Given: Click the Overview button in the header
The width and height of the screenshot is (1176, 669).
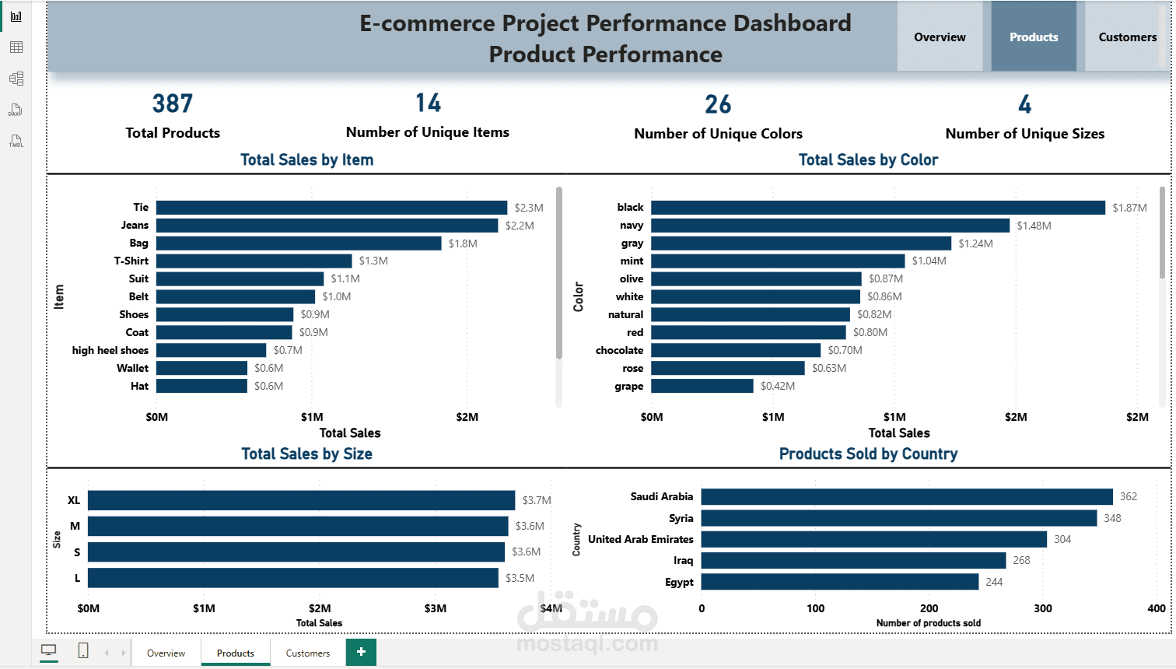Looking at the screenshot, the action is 940,37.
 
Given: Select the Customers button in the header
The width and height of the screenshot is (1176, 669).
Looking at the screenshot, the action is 1127,37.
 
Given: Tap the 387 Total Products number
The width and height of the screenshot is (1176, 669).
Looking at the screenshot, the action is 173,103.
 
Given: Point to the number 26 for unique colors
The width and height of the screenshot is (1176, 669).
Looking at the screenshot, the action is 718,104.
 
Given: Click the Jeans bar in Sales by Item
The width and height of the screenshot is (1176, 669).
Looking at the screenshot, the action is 327,226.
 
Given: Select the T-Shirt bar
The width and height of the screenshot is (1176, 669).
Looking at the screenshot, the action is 254,261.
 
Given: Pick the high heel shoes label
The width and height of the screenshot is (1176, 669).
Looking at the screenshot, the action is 110,350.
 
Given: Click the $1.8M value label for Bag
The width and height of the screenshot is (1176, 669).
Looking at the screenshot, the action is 463,243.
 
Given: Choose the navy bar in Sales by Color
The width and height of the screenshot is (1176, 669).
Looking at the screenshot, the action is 830,226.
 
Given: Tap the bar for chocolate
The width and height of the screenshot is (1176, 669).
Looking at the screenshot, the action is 736,350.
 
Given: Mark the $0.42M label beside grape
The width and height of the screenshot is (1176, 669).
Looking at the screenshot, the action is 778,386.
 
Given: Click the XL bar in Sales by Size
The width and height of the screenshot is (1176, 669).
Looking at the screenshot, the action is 301,500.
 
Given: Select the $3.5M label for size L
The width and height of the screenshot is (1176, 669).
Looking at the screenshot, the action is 520,578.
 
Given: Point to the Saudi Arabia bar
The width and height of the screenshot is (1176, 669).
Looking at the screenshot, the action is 907,497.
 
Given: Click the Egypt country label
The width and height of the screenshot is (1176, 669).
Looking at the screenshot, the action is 679,582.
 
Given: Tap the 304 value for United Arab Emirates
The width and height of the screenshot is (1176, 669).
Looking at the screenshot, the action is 1062,539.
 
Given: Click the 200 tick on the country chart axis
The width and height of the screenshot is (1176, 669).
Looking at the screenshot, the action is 929,608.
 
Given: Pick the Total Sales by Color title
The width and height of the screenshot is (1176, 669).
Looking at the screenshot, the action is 868,159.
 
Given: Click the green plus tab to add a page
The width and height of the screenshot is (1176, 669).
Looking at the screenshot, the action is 361,652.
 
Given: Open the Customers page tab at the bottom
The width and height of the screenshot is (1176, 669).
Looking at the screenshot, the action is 308,653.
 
